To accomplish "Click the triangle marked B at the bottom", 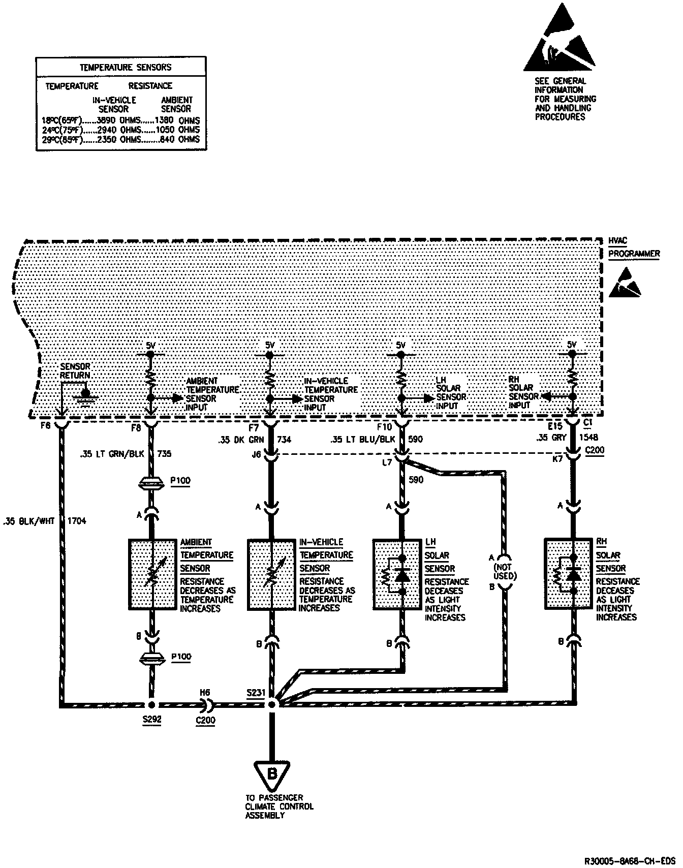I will pyautogui.click(x=272, y=774).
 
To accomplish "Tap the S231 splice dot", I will pyautogui.click(x=271, y=705).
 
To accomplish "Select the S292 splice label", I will pyautogui.click(x=151, y=720).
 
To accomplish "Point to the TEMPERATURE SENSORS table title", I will pyautogui.click(x=126, y=67).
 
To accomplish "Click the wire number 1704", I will pyautogui.click(x=77, y=521).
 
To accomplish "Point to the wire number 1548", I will pyautogui.click(x=588, y=437).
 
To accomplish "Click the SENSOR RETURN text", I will pyautogui.click(x=75, y=371).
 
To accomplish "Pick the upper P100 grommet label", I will pyautogui.click(x=181, y=480).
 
